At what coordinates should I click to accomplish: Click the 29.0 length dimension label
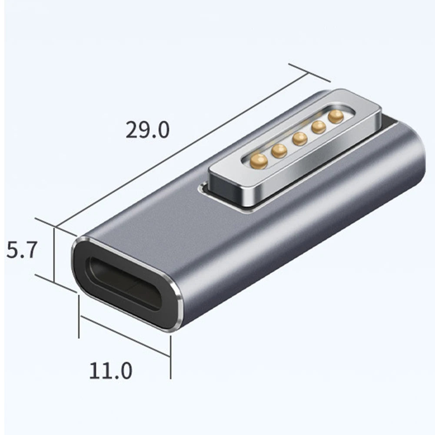point(147,130)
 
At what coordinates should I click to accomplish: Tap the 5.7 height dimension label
point(20,251)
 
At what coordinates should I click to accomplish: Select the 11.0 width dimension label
point(110,371)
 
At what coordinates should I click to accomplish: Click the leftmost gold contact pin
point(259,161)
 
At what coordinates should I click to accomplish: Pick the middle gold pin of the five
point(300,139)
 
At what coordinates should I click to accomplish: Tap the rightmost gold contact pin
point(336,116)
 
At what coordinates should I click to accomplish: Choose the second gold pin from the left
point(279,150)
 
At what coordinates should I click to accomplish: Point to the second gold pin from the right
point(319,127)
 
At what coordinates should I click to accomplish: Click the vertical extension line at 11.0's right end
point(170,356)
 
